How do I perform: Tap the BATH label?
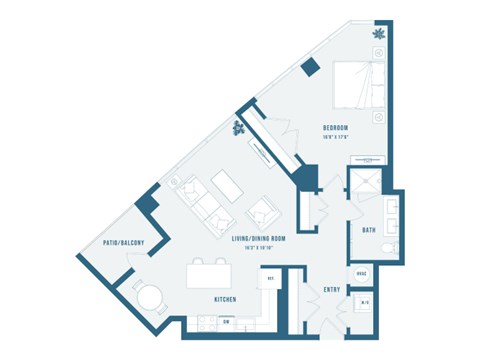[369, 230]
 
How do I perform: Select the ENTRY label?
[333, 290]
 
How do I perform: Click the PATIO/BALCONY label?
[124, 243]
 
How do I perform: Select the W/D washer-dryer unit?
[364, 303]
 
